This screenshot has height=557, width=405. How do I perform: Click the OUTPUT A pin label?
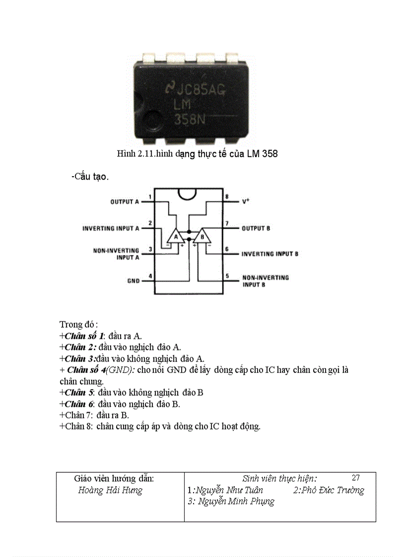click(125, 202)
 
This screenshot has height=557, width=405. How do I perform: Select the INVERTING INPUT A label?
click(111, 229)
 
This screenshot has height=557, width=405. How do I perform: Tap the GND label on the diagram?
click(134, 281)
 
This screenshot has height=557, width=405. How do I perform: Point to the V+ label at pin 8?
click(245, 201)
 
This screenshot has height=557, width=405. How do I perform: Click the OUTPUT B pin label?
click(256, 229)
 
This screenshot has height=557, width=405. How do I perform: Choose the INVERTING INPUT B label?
click(270, 254)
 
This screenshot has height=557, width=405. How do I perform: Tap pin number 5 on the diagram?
click(227, 276)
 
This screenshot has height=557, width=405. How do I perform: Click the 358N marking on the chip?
click(189, 119)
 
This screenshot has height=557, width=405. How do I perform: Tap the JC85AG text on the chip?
click(195, 90)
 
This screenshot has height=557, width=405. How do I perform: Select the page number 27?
click(355, 478)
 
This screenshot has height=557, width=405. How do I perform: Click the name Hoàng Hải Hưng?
click(110, 491)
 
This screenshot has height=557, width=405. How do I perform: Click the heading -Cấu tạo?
click(90, 177)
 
